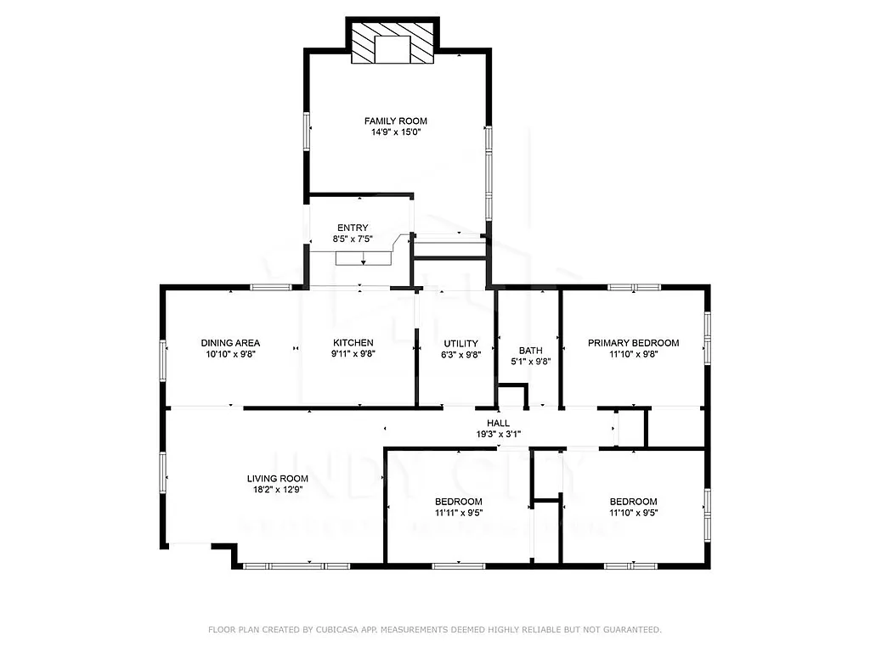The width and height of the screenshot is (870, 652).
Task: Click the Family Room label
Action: click(x=395, y=121)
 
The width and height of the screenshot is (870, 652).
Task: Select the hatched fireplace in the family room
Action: click(x=393, y=43)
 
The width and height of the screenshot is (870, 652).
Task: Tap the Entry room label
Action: click(x=353, y=228)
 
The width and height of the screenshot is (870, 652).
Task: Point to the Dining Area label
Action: click(x=230, y=343)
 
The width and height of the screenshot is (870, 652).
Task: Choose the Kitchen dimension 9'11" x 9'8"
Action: click(x=353, y=355)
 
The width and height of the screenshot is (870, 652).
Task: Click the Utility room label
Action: click(x=460, y=343)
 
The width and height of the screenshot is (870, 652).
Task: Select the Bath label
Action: click(x=530, y=349)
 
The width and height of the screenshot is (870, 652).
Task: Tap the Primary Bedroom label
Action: click(x=633, y=343)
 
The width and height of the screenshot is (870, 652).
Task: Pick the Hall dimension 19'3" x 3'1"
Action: click(x=498, y=435)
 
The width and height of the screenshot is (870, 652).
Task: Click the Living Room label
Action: click(x=277, y=479)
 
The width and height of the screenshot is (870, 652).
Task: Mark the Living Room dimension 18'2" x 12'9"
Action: click(x=277, y=490)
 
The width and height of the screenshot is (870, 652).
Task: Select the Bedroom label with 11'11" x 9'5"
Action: click(x=458, y=502)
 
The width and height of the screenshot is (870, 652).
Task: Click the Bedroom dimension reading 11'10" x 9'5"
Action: click(x=633, y=513)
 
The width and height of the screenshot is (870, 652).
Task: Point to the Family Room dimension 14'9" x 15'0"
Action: click(x=395, y=132)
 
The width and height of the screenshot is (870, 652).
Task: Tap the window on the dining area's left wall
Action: click(x=164, y=362)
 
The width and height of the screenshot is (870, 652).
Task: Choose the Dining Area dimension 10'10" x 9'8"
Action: click(x=230, y=355)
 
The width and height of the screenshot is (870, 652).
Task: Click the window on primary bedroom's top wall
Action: click(x=634, y=288)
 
